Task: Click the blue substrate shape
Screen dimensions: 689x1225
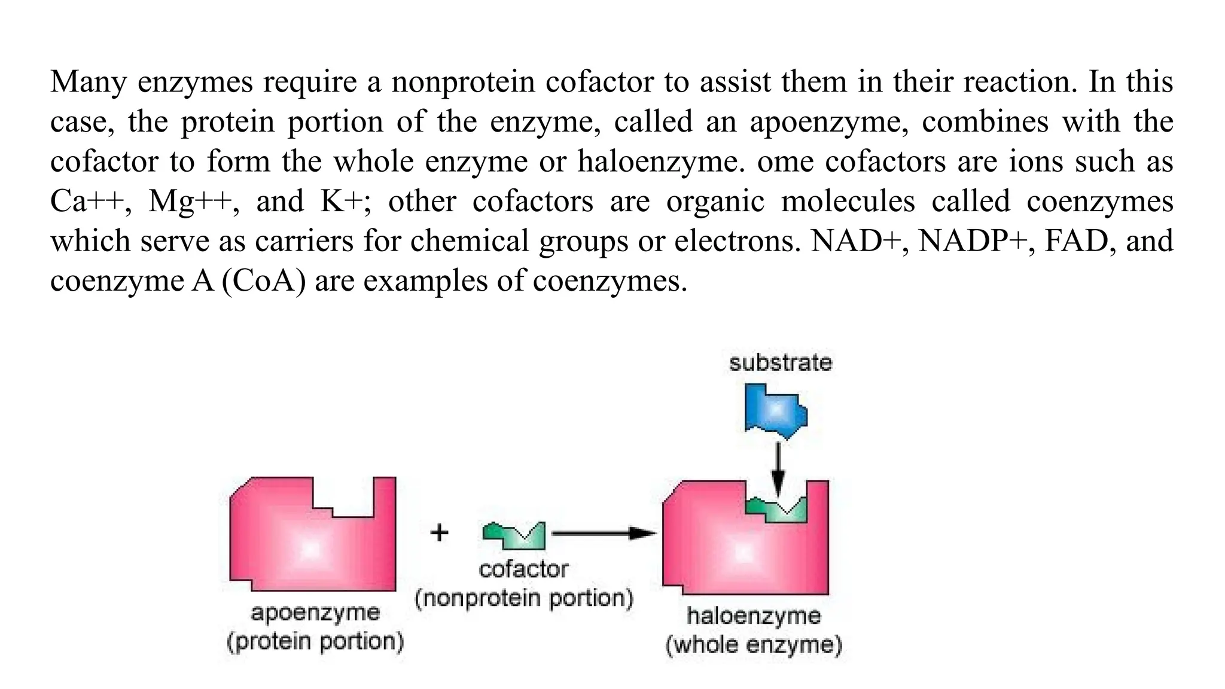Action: point(775,411)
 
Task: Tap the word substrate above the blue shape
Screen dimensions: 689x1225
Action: point(781,362)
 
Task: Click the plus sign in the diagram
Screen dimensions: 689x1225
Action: point(440,532)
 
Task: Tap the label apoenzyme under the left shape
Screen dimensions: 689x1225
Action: point(315,612)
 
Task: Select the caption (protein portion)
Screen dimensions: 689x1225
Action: point(315,641)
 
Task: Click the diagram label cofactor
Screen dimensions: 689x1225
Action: point(523,569)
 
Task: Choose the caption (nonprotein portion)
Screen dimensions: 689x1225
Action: point(524,598)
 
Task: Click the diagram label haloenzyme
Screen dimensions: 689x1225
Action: point(754,616)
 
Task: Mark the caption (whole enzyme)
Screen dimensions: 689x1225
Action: point(754,645)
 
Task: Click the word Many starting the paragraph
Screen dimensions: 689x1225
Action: point(88,82)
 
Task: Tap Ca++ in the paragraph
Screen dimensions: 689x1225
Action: point(87,202)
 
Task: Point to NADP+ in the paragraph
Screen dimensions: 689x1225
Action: point(972,241)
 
